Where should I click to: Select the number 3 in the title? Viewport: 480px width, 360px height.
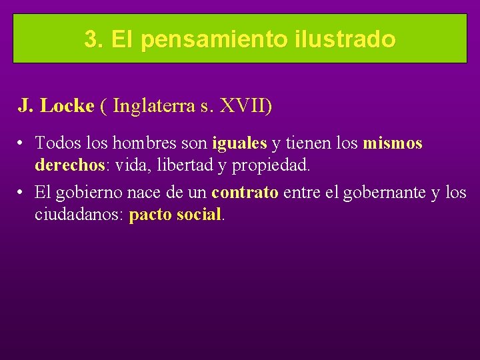point(91,39)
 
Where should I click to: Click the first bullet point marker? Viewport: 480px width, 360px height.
point(22,143)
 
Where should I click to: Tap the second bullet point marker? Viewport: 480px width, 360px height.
point(22,193)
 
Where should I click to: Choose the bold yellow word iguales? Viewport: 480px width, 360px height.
point(239,143)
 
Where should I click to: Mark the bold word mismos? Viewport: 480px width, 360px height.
point(393,143)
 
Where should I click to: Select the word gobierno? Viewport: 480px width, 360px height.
point(87,193)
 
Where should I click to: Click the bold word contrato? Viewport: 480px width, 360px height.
point(245,193)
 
